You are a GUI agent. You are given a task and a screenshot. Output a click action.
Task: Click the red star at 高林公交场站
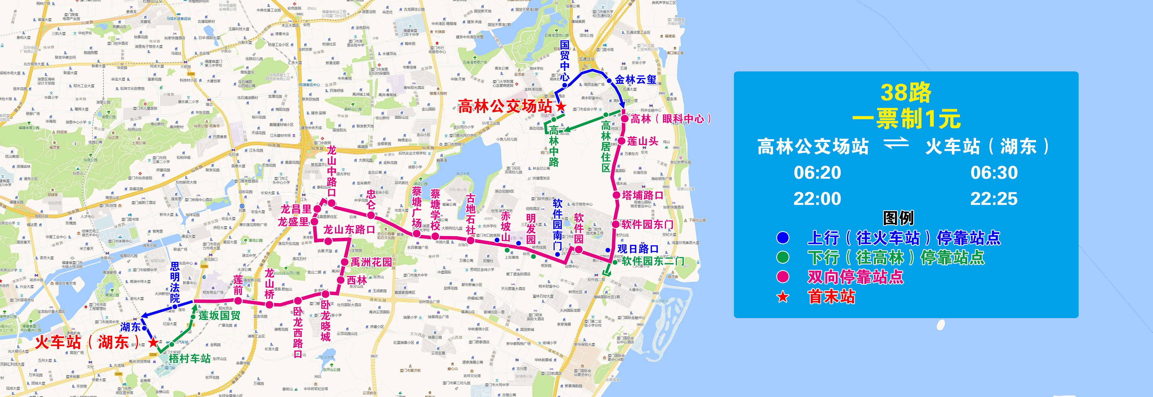[560, 106]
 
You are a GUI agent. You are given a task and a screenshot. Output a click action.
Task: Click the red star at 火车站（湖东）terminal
[153, 343]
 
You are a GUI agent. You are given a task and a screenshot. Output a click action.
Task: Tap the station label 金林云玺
[636, 80]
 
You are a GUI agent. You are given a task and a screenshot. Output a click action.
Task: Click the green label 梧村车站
[190, 358]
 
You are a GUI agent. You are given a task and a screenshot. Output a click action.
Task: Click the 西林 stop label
[357, 280]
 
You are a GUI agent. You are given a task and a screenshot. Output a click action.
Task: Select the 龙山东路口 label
[349, 230]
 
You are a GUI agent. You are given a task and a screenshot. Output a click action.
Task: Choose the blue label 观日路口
[638, 249]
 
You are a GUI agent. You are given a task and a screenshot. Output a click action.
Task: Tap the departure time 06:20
[817, 173]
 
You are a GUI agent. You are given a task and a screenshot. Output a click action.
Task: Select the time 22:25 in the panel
[994, 199]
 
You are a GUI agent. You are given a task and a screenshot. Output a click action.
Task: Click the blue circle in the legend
[783, 238]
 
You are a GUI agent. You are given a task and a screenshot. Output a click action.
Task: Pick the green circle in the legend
[783, 258]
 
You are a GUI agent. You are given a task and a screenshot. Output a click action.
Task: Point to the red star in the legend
[783, 297]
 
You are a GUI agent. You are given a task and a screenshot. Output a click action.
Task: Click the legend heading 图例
[898, 218]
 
